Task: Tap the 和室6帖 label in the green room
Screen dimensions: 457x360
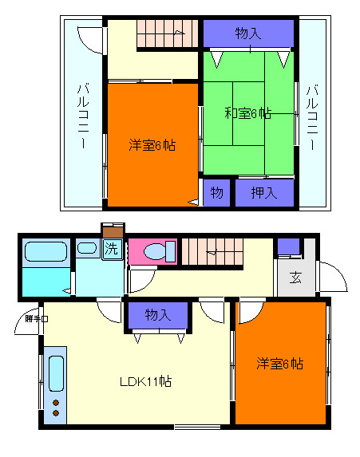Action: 247,113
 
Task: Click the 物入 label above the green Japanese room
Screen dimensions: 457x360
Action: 248,33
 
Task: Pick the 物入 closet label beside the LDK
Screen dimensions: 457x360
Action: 157,315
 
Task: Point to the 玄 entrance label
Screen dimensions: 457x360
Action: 295,278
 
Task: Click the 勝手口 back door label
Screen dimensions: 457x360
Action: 36,319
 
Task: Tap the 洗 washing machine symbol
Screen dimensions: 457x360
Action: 113,248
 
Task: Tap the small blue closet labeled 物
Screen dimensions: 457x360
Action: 216,192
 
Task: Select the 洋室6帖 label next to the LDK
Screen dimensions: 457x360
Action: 279,364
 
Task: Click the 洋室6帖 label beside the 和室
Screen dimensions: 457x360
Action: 152,145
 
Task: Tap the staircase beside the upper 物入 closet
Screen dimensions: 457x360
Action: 166,34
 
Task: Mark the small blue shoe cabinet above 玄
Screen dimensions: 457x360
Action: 288,246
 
